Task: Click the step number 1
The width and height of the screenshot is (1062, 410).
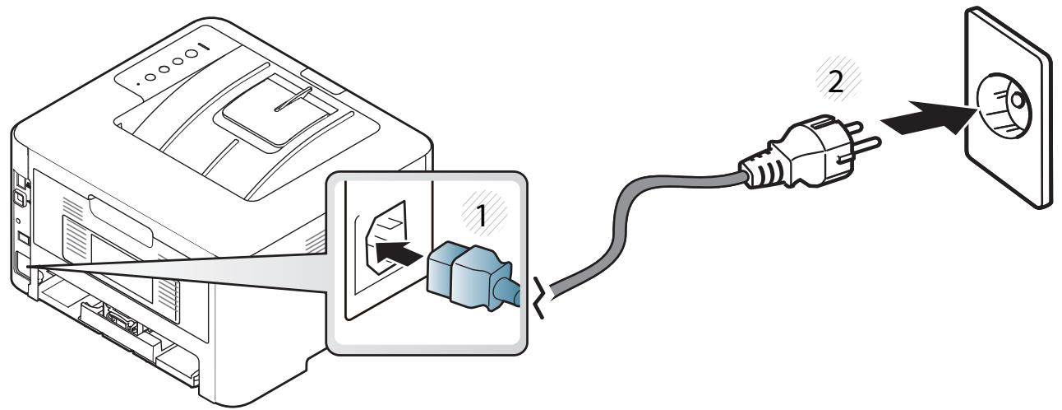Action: [x=481, y=216]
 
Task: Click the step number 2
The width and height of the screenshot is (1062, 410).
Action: [x=835, y=82]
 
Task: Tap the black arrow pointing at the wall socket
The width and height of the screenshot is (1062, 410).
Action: [x=929, y=118]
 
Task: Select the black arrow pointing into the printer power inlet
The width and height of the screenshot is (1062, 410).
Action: [x=398, y=253]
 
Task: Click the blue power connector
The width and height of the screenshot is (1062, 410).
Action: [x=469, y=276]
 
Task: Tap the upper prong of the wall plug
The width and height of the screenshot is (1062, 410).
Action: [x=852, y=128]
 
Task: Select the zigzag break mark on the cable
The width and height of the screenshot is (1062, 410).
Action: [x=542, y=297]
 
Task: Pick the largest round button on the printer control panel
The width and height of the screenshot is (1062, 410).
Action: [x=191, y=54]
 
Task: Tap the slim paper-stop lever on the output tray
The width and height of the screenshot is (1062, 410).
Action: [x=293, y=99]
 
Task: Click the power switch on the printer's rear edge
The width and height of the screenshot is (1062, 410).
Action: [x=20, y=195]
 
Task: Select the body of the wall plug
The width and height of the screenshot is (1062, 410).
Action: [x=815, y=151]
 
